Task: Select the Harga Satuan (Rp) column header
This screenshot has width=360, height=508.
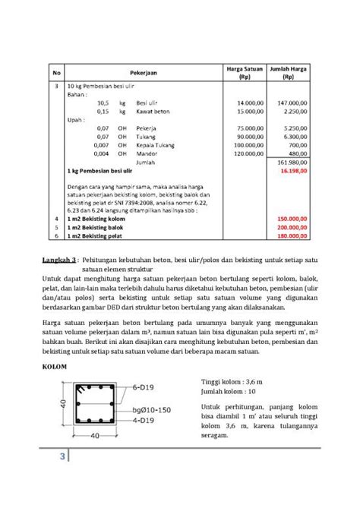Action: click(245, 73)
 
